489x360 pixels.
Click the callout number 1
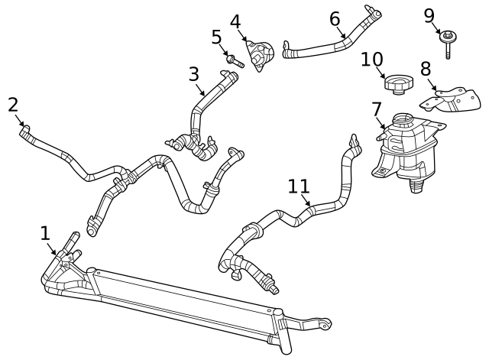click(x=45, y=233)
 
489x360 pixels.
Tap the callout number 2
click(x=13, y=105)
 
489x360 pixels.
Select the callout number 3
click(x=194, y=75)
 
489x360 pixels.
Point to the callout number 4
click(x=235, y=21)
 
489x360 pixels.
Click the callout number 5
click(x=216, y=37)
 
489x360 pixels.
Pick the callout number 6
click(x=335, y=18)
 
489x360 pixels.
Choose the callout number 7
click(x=377, y=109)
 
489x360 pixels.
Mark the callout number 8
click(x=426, y=70)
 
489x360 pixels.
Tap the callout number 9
click(x=429, y=15)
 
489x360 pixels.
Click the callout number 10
click(x=371, y=59)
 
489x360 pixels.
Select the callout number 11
click(x=299, y=186)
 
